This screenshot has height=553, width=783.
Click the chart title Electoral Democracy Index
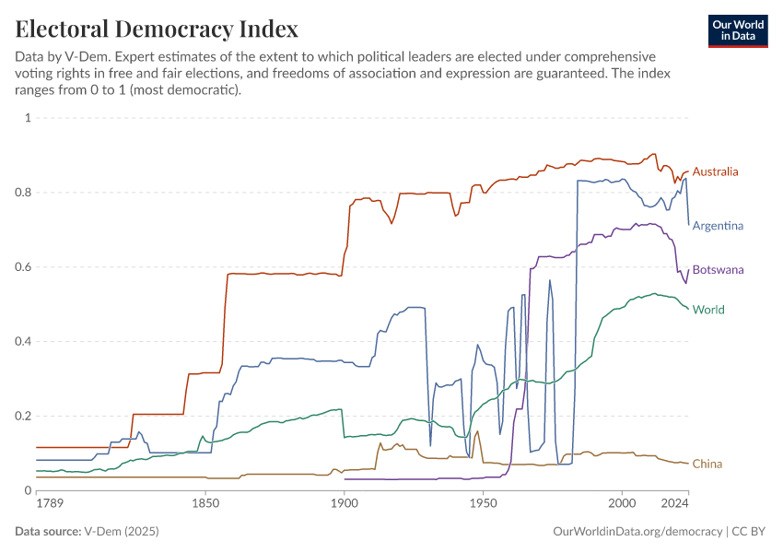[157, 29]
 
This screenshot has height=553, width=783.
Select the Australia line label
[716, 171]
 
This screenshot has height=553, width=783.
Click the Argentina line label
[718, 226]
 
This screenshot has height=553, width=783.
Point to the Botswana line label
[718, 270]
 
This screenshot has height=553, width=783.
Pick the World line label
[708, 310]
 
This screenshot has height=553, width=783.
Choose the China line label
[707, 464]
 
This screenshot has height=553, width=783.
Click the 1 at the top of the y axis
[28, 118]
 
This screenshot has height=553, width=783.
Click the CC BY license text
[750, 532]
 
